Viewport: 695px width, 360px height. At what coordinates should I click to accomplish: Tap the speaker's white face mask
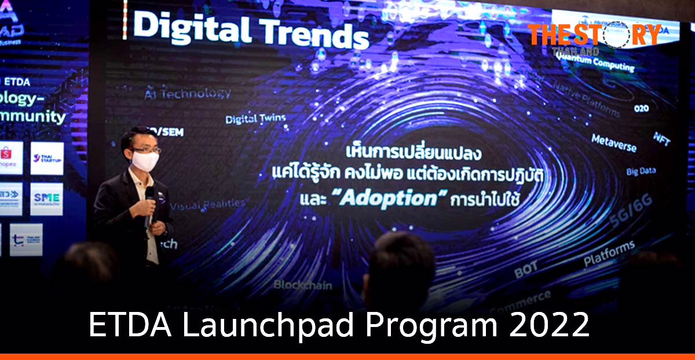click(145, 160)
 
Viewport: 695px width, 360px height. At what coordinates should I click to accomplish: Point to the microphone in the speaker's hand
click(149, 200)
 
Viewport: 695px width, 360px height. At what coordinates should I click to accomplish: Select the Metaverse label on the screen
click(613, 143)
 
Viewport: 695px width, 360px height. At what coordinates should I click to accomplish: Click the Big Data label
click(641, 171)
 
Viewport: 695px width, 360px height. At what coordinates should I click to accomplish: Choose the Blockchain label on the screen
click(303, 285)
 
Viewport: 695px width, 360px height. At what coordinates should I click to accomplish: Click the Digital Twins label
click(255, 119)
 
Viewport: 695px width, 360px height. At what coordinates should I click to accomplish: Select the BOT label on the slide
click(525, 267)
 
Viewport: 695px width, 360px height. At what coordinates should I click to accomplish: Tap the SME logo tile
click(47, 199)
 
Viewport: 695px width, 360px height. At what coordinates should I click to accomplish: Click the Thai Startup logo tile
click(47, 158)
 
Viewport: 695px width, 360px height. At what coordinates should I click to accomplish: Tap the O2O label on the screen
click(641, 108)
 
